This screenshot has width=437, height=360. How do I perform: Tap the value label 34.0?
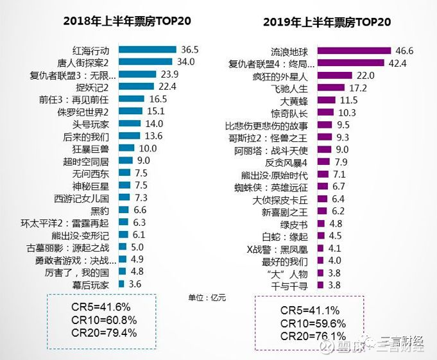click(186, 62)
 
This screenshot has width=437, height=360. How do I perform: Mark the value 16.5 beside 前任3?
click(158, 99)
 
